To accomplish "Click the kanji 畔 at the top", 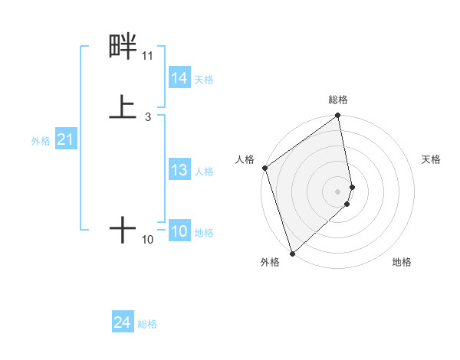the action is pyautogui.click(x=123, y=47).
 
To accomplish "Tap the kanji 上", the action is pyautogui.click(x=123, y=106).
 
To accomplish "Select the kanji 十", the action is pyautogui.click(x=123, y=229).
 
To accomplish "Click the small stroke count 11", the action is pyautogui.click(x=147, y=56).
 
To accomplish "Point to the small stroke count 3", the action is pyautogui.click(x=147, y=116).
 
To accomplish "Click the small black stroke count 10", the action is pyautogui.click(x=147, y=240).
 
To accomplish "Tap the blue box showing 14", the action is pyautogui.click(x=179, y=78).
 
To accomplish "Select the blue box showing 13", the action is pyautogui.click(x=179, y=170).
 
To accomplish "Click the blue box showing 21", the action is pyautogui.click(x=65, y=139).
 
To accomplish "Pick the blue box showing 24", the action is pyautogui.click(x=123, y=322).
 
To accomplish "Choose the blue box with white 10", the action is pyautogui.click(x=179, y=231).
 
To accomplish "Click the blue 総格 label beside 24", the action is pyautogui.click(x=148, y=324).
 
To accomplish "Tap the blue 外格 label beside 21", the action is pyautogui.click(x=41, y=141).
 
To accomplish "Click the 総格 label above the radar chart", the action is pyautogui.click(x=338, y=100).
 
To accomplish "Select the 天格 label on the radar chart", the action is pyautogui.click(x=432, y=159).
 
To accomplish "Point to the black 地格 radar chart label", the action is pyautogui.click(x=402, y=262).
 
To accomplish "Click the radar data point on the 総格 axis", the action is pyautogui.click(x=338, y=116).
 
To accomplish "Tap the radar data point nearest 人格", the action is pyautogui.click(x=264, y=168).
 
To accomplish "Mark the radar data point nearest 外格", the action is pyautogui.click(x=292, y=253).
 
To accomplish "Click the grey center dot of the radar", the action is pyautogui.click(x=338, y=191).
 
